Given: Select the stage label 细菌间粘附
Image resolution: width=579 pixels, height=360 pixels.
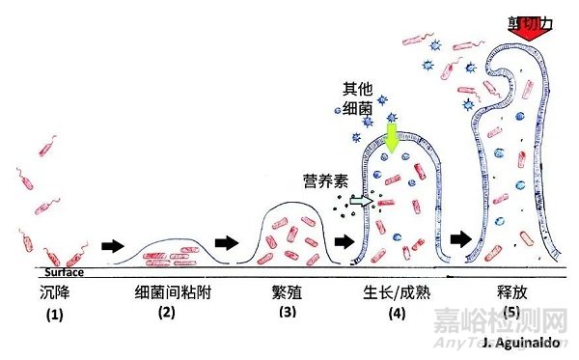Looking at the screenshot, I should tap(166, 289).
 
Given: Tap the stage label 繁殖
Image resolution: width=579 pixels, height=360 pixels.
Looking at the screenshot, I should tap(288, 289).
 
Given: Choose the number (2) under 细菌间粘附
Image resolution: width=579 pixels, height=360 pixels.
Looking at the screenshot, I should tap(166, 311).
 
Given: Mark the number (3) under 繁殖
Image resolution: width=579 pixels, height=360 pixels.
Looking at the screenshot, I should tap(288, 311).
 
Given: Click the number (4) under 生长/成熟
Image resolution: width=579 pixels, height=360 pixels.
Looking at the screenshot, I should tap(396, 311).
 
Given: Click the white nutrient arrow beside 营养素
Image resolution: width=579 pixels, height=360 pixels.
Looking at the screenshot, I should tap(359, 201).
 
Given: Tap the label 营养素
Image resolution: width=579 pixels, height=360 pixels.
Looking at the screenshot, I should tap(324, 180).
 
